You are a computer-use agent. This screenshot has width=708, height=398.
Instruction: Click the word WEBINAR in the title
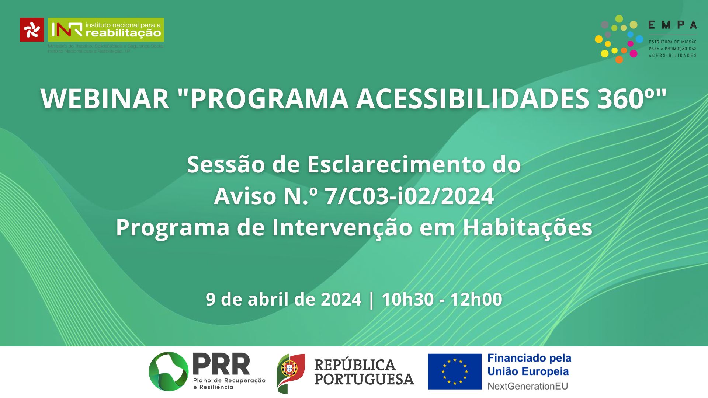coord(105,99)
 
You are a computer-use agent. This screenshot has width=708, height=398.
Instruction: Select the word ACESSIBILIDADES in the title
coord(473,99)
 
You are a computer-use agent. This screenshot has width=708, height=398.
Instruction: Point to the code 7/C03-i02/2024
coord(409,196)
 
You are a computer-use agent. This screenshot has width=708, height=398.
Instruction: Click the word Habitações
coord(527,228)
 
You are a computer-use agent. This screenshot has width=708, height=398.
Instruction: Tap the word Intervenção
coord(342,228)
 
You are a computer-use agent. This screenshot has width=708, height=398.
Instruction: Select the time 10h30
coord(407,299)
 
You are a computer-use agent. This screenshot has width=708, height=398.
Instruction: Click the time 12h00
coord(476,299)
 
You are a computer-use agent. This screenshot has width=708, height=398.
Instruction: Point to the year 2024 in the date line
coord(341,299)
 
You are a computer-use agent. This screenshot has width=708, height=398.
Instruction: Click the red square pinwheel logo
coord(32,30)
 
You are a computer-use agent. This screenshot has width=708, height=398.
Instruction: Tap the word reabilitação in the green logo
coord(123,34)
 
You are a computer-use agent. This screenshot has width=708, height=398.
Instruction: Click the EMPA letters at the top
coord(672,25)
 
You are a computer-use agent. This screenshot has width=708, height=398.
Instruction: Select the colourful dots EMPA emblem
coord(618,39)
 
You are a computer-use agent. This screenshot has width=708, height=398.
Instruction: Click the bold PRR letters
coord(221,364)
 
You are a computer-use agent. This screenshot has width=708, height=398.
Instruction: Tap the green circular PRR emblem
coord(169,371)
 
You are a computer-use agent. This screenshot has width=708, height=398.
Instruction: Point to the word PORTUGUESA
coord(364,380)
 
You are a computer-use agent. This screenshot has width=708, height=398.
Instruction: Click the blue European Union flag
coord(455,371)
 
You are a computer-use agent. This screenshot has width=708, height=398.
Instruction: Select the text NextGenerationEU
coord(527,386)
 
